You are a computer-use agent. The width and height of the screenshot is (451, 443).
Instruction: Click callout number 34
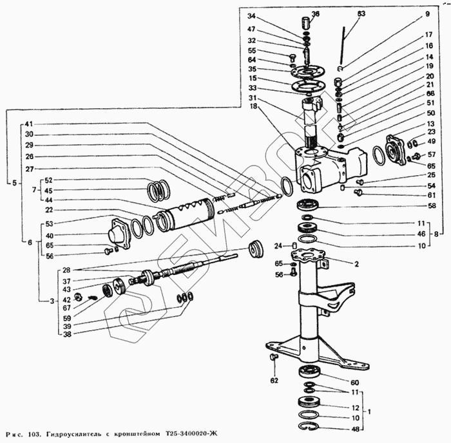251,15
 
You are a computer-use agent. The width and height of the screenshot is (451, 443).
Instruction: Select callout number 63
361,14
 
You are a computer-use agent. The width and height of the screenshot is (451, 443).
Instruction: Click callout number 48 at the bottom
355,428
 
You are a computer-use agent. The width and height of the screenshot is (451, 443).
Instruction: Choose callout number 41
29,124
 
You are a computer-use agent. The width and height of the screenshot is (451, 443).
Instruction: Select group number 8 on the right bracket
437,234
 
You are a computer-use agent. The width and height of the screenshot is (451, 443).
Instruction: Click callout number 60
355,382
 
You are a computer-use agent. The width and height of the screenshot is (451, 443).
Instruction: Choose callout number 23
431,131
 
